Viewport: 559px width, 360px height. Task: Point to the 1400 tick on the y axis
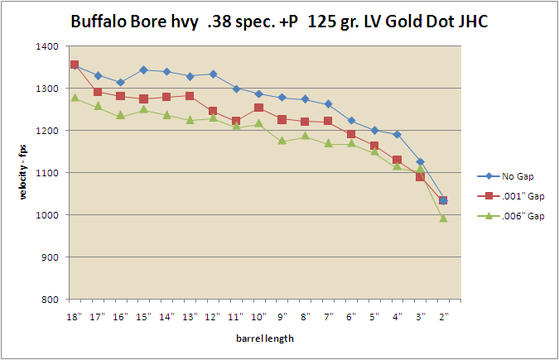(46, 46)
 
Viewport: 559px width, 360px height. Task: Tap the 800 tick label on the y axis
(49, 300)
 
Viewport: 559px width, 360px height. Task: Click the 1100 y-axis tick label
(46, 173)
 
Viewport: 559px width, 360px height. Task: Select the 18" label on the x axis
(75, 316)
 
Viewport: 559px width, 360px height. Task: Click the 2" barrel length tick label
(443, 316)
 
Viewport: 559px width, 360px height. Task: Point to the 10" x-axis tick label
(258, 316)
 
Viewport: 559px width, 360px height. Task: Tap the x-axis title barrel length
(258, 338)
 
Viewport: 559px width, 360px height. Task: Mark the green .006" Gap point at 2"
(443, 218)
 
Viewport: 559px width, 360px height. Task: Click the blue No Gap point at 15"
(143, 70)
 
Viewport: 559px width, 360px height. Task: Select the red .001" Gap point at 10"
(258, 108)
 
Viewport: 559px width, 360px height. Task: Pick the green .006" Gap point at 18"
(75, 98)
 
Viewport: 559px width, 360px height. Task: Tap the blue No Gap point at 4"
(397, 134)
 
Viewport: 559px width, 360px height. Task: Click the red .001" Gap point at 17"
(98, 92)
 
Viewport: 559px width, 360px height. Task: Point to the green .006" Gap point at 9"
(282, 141)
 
